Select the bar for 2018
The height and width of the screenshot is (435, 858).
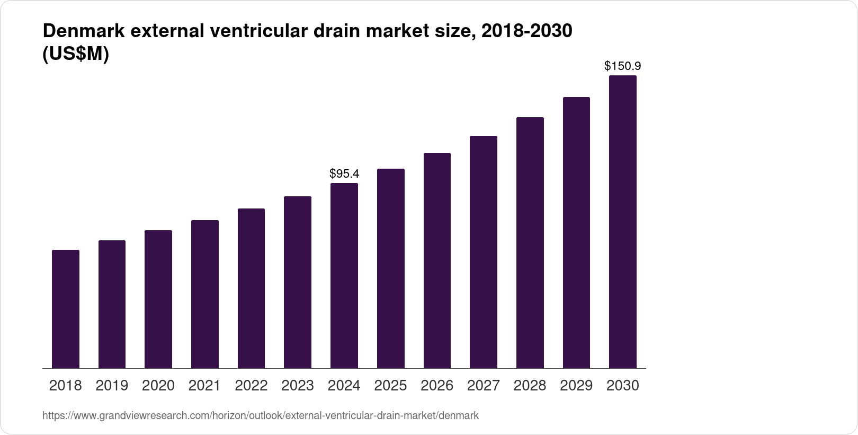(66, 309)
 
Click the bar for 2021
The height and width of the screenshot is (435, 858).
(205, 294)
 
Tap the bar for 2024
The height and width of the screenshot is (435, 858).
(344, 275)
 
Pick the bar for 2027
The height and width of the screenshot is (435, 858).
(484, 252)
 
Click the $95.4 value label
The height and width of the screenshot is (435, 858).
(344, 173)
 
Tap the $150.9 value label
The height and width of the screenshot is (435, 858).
(623, 66)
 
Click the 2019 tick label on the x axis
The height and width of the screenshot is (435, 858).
(112, 386)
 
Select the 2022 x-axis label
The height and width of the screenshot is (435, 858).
(251, 386)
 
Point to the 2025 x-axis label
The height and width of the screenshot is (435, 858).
(390, 386)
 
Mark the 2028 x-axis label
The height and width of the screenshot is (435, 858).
(530, 386)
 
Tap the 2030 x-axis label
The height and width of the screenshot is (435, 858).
(623, 386)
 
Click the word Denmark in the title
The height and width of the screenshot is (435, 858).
(83, 31)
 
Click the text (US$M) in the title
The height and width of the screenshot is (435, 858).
(75, 54)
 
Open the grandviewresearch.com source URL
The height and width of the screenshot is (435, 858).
(260, 416)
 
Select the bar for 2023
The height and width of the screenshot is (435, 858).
(298, 282)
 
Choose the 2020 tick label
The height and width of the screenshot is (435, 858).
(158, 386)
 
